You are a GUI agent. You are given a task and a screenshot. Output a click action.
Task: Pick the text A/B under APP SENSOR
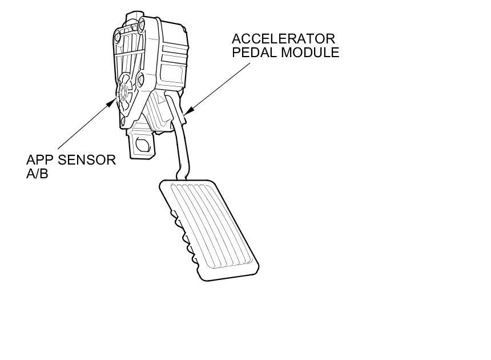37,174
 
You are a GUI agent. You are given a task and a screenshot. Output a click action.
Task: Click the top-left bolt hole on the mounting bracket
118,38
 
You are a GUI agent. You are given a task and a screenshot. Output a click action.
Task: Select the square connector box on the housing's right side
171,74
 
